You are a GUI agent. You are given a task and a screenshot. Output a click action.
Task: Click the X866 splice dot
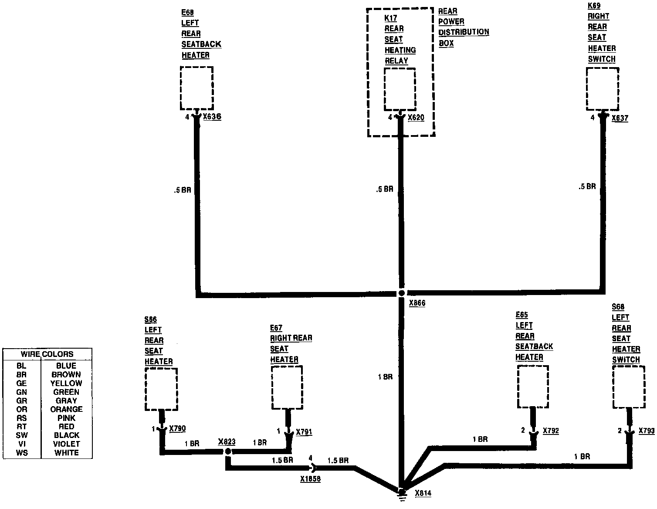[402, 293]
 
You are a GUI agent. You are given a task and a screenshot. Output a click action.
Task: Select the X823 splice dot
[227, 452]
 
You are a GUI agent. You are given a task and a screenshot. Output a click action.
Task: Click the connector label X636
[212, 117]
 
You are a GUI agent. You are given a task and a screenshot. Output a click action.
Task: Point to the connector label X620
[416, 117]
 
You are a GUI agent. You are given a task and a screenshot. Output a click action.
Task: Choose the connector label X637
[620, 118]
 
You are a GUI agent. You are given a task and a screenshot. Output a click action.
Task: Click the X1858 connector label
[310, 479]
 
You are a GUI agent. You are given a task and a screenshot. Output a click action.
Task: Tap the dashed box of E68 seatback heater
[196, 88]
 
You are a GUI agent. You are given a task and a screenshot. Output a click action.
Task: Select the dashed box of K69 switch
[603, 89]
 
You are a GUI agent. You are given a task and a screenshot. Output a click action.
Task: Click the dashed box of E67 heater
[287, 387]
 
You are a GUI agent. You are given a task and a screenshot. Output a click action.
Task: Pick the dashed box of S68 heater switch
[629, 387]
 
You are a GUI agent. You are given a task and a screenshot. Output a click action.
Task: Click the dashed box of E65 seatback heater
[533, 387]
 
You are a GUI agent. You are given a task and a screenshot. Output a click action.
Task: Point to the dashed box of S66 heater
[161, 389]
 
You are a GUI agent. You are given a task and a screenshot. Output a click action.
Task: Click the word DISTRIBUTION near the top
[464, 32]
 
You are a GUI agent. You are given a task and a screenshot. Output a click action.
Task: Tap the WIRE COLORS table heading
[47, 354]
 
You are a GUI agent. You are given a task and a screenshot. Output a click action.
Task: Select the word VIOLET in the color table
[66, 444]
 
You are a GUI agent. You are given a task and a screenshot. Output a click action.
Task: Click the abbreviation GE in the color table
[21, 383]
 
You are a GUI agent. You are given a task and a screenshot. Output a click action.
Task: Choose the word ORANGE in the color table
[66, 409]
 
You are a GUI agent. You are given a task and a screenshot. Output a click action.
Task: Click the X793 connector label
[647, 431]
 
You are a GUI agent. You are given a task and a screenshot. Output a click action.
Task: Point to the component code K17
[390, 18]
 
